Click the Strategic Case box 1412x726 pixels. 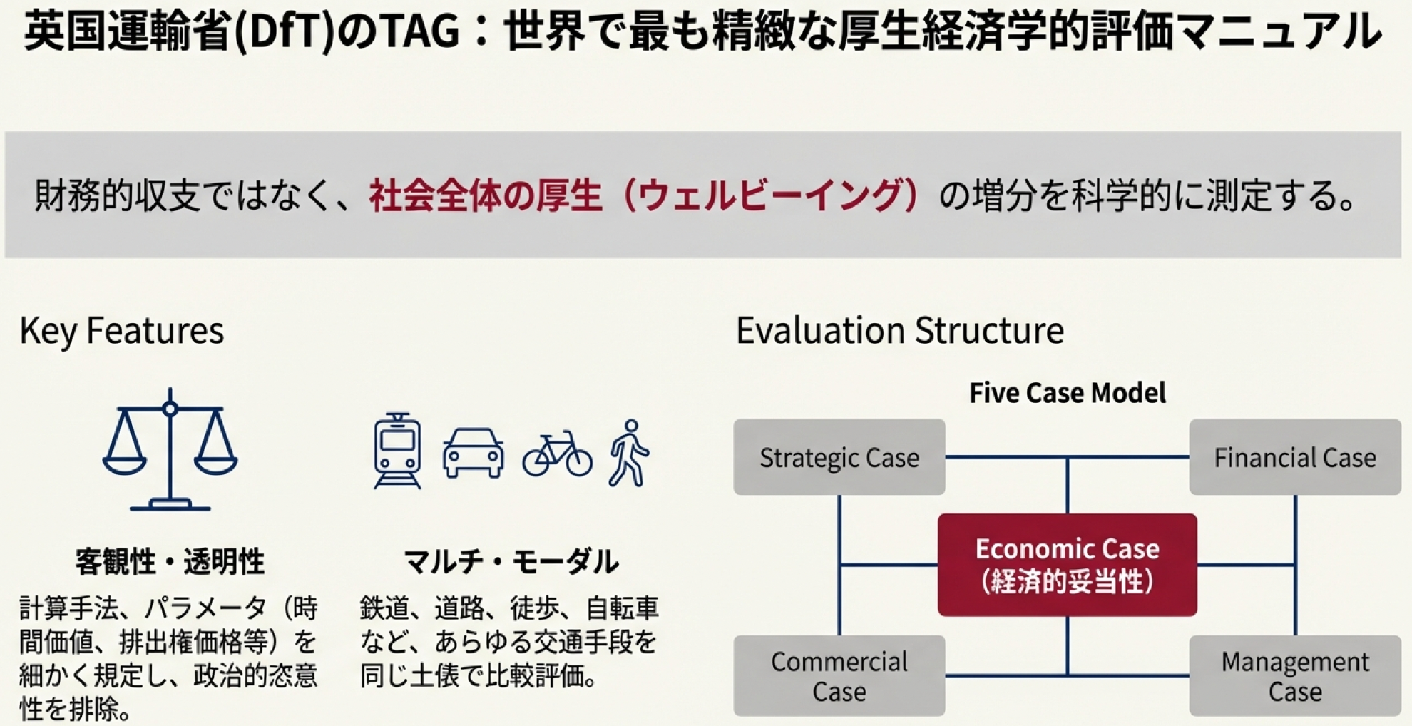839,457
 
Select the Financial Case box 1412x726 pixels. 1295,457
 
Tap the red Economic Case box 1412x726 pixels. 1068,565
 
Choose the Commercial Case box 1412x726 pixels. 839,676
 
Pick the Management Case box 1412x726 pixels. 1295,676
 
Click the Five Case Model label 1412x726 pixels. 1068,393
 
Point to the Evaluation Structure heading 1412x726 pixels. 900,331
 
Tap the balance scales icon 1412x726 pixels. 170,449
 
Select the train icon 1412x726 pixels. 397,451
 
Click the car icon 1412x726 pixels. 474,453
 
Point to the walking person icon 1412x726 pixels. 629,454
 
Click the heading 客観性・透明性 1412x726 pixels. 170,562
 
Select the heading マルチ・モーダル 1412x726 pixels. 511,562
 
